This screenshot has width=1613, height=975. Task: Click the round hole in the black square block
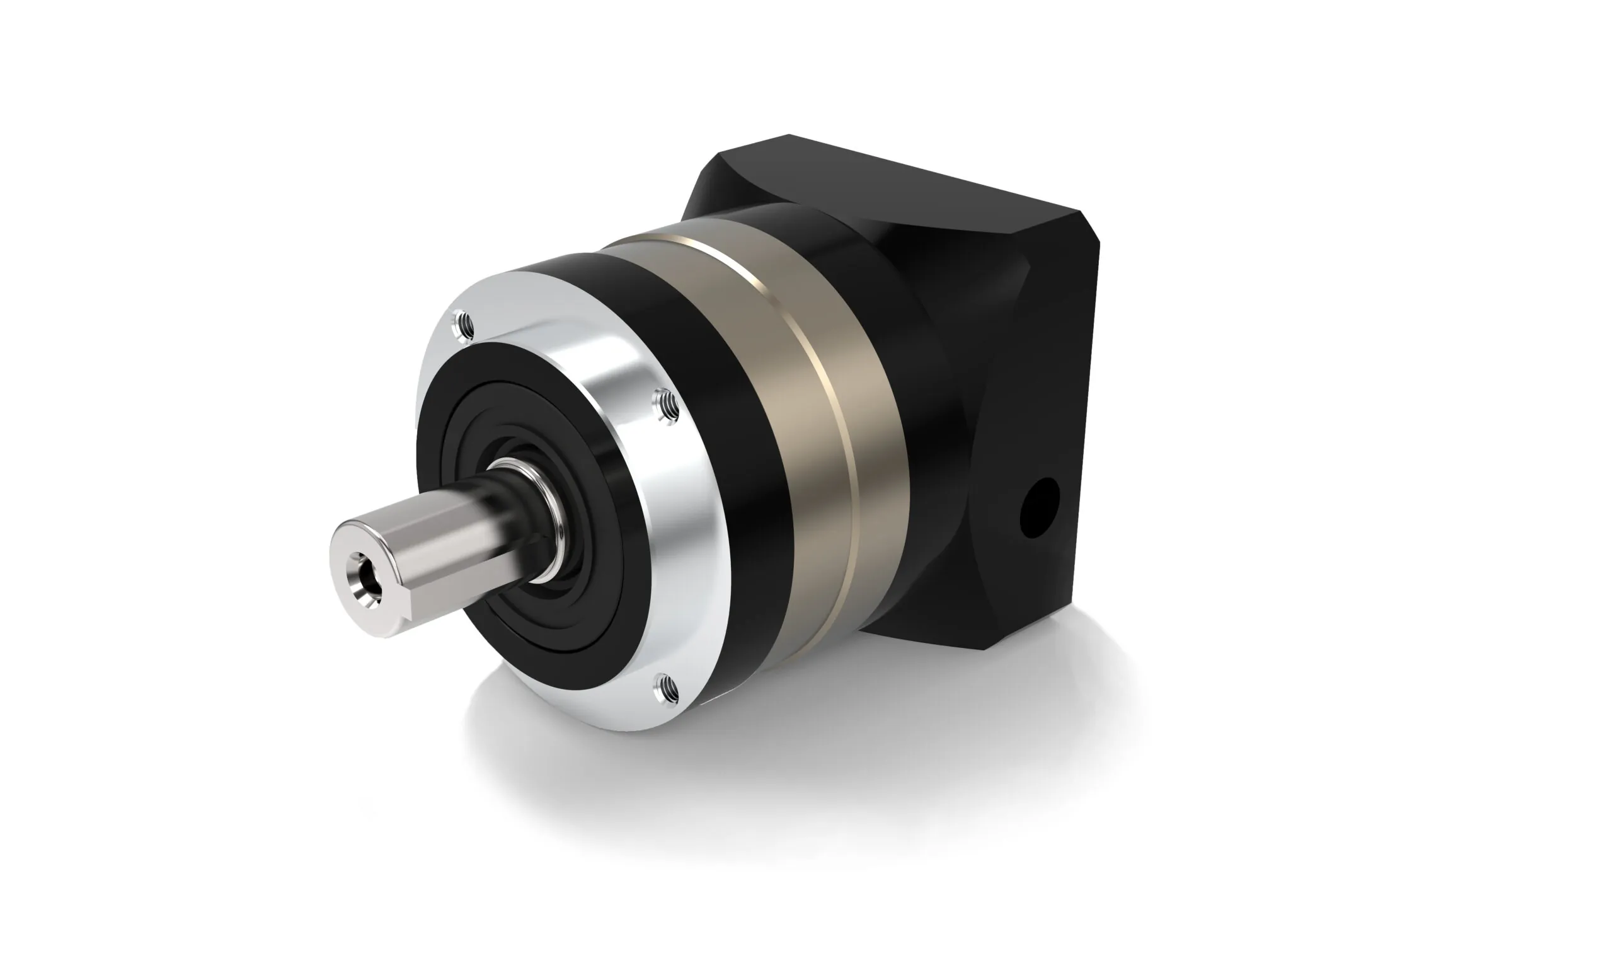1039,507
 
